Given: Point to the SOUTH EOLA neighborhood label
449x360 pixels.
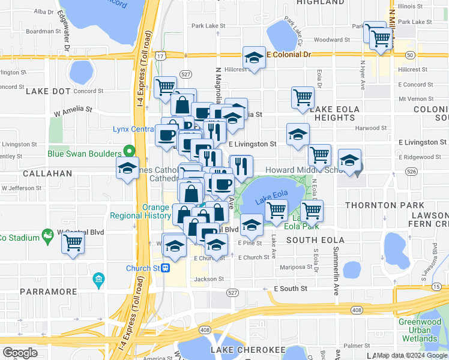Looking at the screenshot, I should pos(315,241).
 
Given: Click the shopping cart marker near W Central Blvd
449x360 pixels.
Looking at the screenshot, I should pos(73,243).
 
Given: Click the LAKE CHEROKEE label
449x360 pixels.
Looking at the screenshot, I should pos(247,350).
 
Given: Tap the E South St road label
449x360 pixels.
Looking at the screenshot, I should pos(291,289).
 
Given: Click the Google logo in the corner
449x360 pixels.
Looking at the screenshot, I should pos(20,353).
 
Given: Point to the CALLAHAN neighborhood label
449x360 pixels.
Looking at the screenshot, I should pos(47,173).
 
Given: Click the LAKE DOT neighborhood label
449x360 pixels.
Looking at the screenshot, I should pos(49,91).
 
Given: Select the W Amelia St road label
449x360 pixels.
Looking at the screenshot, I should pos(73,111).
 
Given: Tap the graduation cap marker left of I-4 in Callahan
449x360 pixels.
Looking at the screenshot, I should pos(128,169).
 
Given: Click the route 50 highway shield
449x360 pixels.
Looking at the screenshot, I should pos(409,55).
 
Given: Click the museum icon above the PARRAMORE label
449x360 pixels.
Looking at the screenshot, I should pos(99,280).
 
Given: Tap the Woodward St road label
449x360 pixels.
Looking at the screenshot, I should pos(328,40).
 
